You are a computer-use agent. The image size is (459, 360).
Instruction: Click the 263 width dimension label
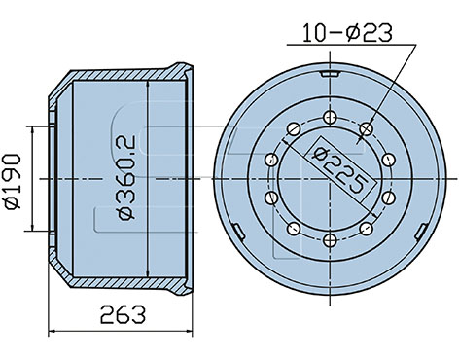tap(123, 314)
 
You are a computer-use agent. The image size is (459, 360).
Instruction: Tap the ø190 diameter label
tap(13, 182)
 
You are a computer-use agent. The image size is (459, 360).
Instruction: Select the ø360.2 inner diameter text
tap(126, 178)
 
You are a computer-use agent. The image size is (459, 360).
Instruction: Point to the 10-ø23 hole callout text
tap(347, 33)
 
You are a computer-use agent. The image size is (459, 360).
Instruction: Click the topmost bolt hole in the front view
tap(330, 117)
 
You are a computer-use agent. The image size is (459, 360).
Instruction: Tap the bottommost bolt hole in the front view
tap(330, 240)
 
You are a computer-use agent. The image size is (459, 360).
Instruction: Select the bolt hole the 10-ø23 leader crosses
tap(367, 128)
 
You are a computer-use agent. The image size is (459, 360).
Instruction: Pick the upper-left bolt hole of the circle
tap(294, 128)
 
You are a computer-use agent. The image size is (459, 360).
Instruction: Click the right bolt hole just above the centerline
tap(388, 160)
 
